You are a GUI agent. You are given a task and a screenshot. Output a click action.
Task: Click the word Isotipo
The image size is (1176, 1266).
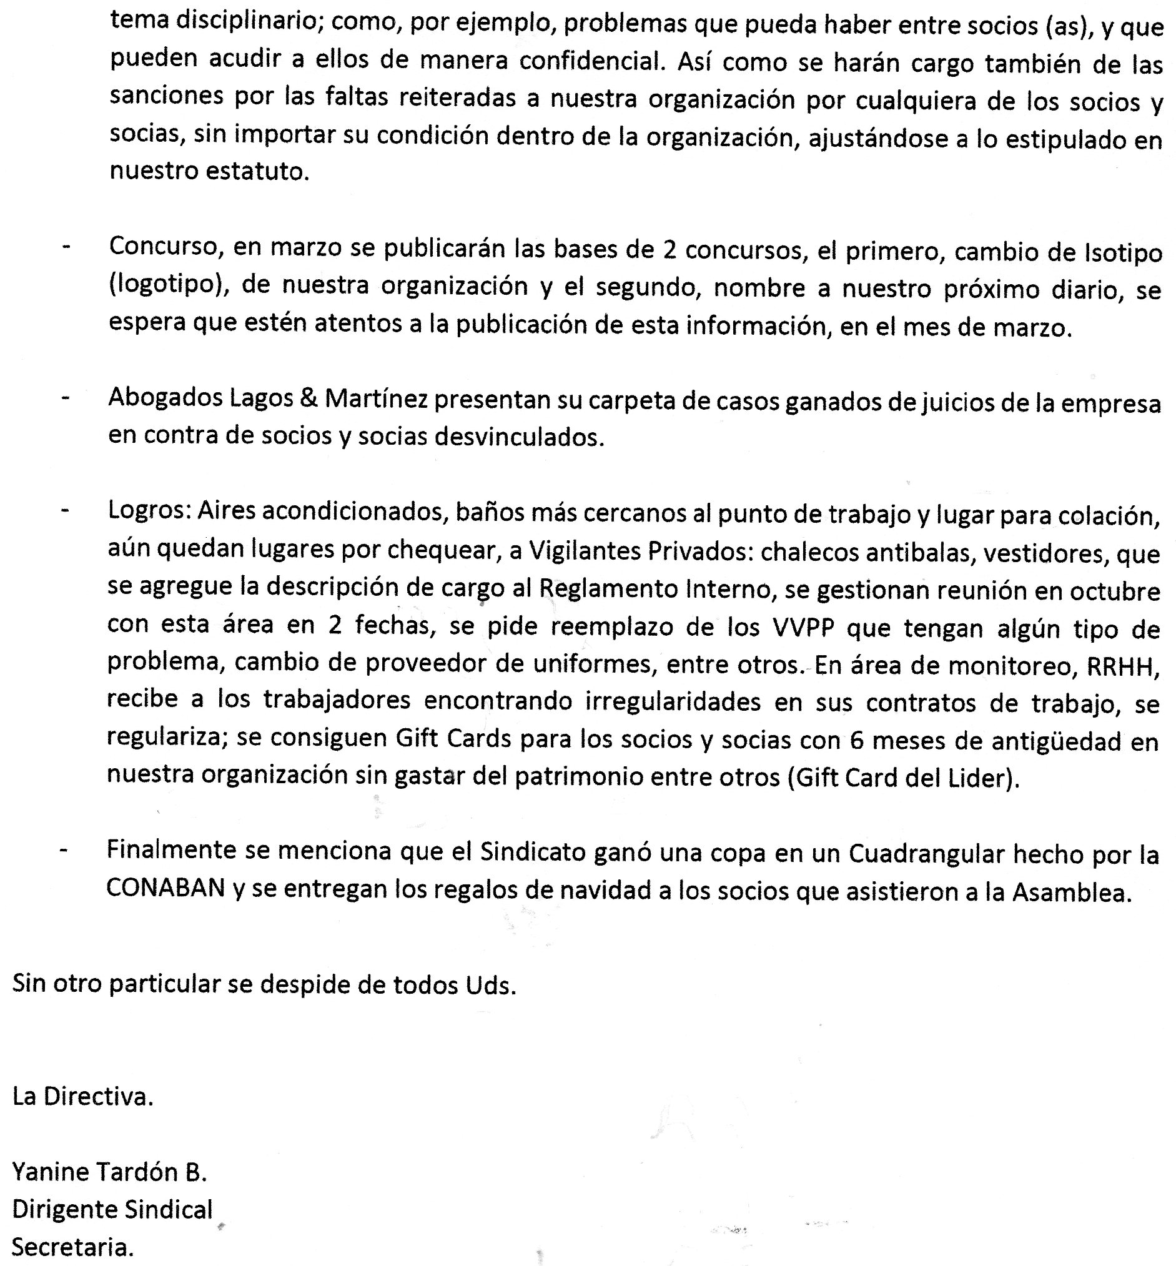pos(1122,254)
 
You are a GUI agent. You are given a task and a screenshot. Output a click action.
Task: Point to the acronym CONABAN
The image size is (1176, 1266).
pos(166,889)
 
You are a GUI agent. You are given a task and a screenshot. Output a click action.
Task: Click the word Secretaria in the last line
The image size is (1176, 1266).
pos(72,1247)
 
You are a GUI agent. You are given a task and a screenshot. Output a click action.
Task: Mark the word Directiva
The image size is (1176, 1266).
pos(99,1097)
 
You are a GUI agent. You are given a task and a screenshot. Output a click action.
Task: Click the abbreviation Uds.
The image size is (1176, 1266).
pos(490,986)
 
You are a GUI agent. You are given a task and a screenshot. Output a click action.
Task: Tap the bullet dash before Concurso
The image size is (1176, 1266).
pos(66,247)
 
